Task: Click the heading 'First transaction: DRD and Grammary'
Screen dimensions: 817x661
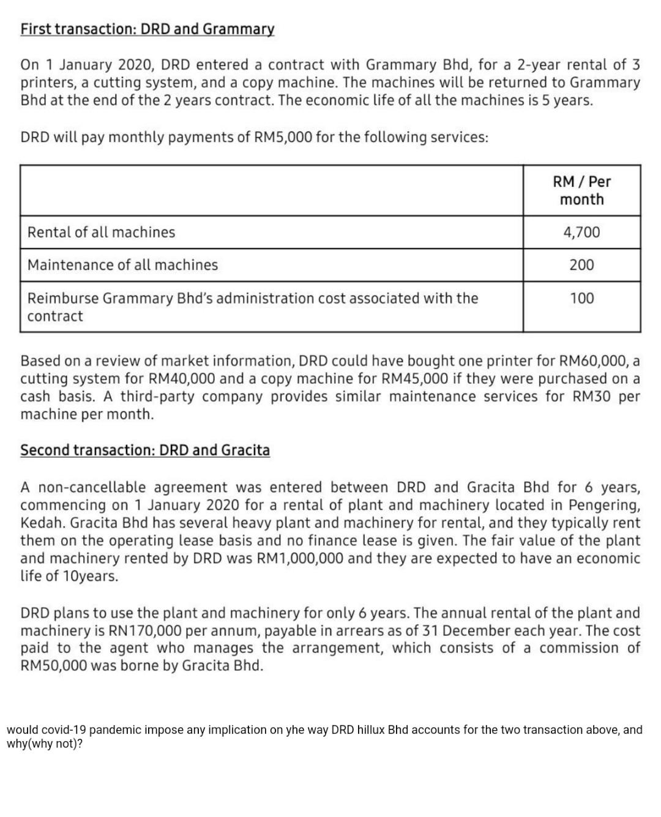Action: tap(148, 29)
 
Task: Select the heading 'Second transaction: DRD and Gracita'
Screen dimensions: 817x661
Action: tap(145, 450)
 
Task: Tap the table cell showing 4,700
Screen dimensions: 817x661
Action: tap(581, 232)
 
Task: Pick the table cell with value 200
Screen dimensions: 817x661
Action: tap(581, 265)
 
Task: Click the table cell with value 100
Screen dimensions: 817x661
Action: tap(581, 298)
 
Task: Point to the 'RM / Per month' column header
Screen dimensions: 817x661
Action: tap(581, 190)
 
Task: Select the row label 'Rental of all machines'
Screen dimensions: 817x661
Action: tap(101, 232)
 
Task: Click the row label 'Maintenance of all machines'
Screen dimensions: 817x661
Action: tap(122, 265)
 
